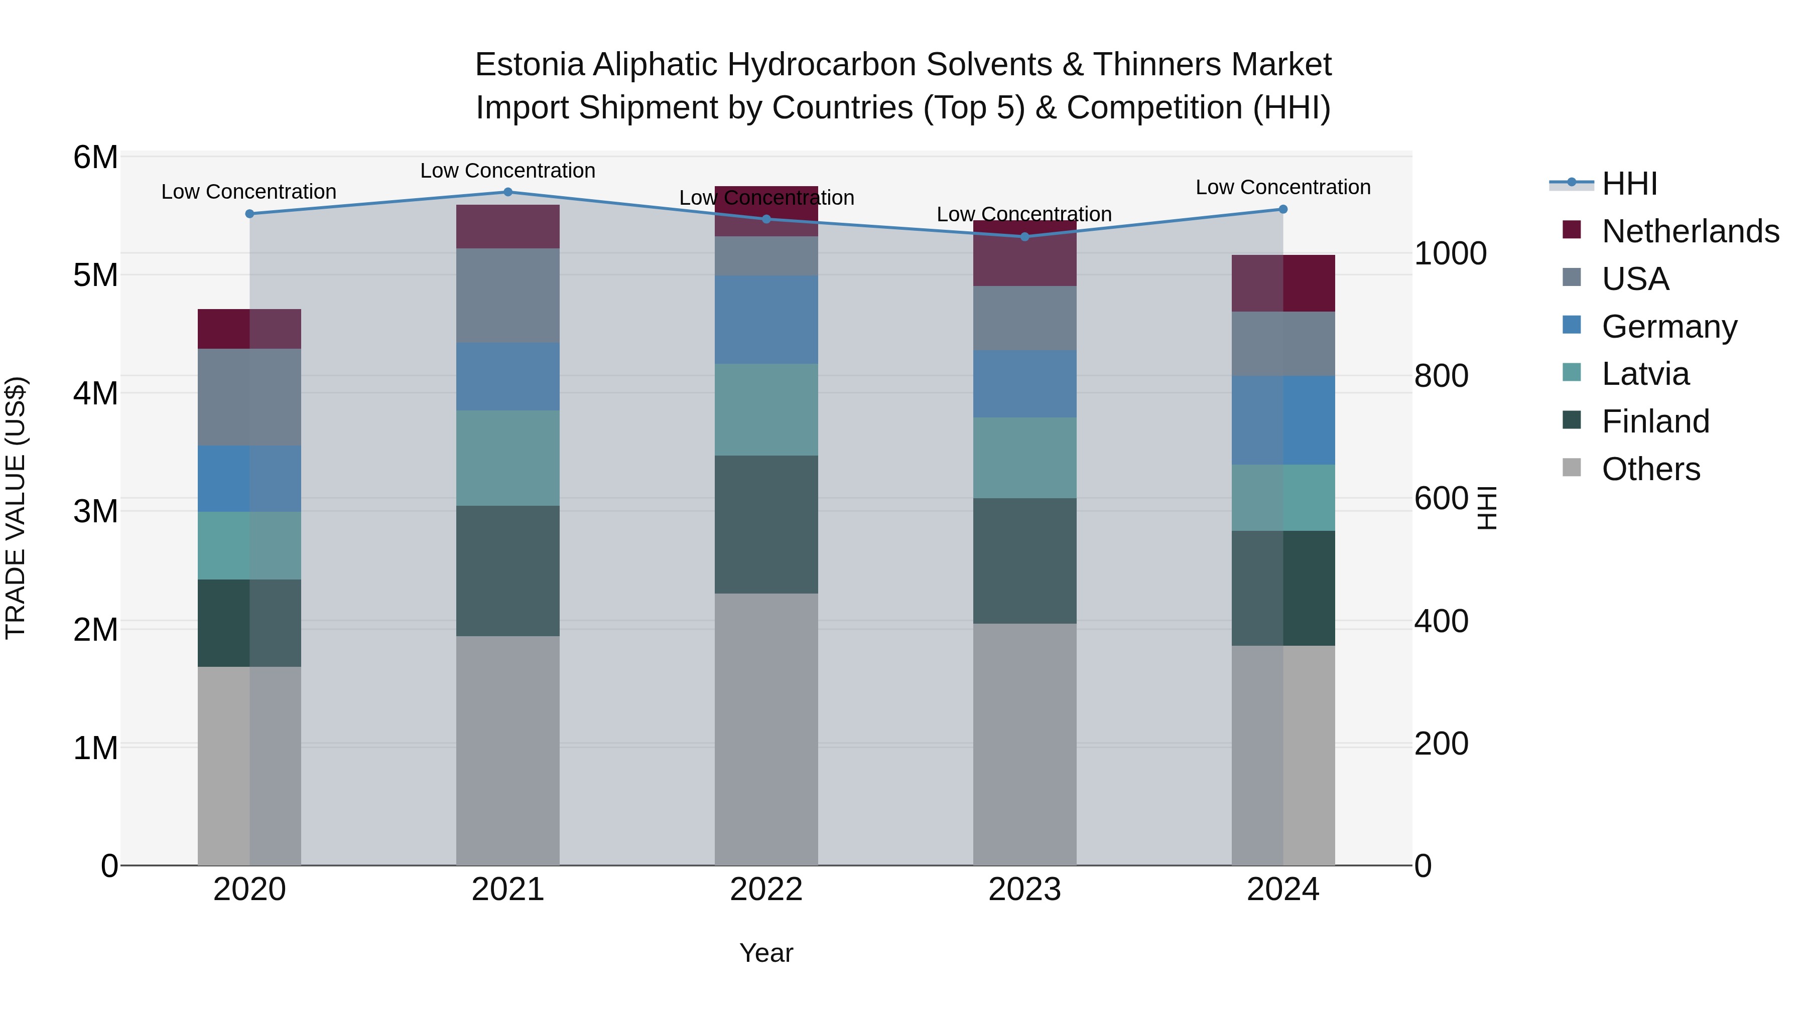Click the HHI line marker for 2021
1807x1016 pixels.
[508, 192]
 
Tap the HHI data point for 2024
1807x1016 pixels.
[1283, 209]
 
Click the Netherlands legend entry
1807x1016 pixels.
[1690, 231]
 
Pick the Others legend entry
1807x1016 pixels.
[1650, 469]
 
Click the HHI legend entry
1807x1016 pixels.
[1629, 184]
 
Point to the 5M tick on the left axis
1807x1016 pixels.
[95, 275]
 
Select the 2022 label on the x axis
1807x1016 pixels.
[766, 890]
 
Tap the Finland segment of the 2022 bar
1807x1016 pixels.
[766, 524]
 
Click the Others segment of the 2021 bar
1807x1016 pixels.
[508, 750]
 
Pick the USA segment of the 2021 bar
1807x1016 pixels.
[508, 295]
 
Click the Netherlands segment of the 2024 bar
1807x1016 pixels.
[1283, 283]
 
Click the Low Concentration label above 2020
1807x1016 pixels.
[249, 192]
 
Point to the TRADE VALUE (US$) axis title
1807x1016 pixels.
[16, 508]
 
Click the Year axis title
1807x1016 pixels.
[766, 953]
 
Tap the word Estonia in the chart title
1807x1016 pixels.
[529, 65]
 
